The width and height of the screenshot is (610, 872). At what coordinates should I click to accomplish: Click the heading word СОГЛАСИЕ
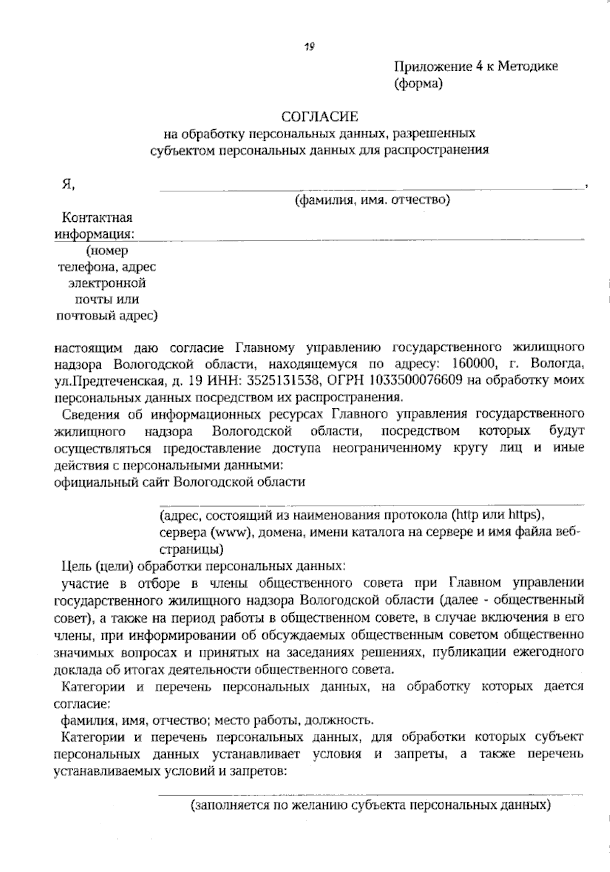(320, 117)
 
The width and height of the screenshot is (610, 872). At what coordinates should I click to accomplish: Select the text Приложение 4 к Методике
(476, 67)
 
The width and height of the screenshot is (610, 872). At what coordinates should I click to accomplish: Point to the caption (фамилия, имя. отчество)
(373, 200)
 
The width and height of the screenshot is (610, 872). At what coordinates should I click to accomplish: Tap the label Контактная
(97, 218)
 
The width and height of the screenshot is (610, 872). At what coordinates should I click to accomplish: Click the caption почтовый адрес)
(106, 316)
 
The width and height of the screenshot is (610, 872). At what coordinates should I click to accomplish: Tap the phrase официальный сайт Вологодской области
(179, 482)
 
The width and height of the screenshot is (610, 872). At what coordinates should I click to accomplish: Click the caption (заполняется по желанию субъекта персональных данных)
(371, 805)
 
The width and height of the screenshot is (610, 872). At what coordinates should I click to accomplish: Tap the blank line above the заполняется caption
(371, 793)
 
